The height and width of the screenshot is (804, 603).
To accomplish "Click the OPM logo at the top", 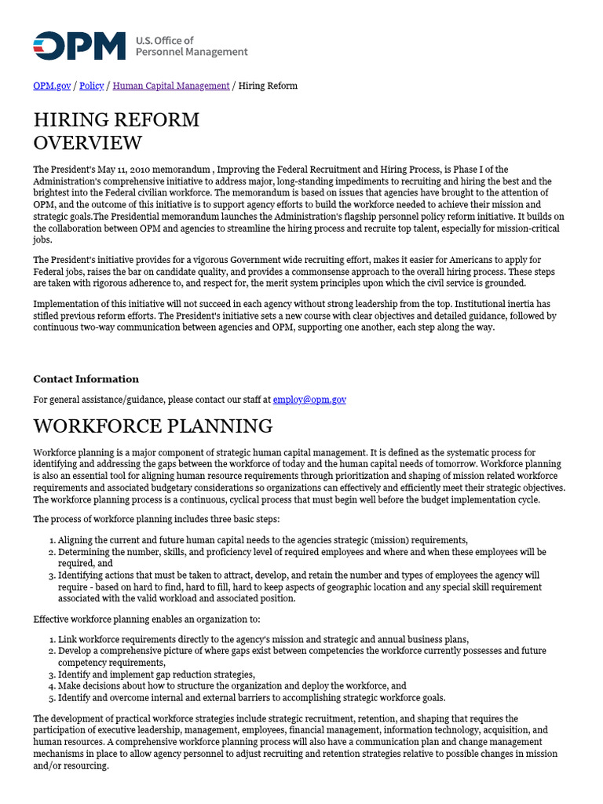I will point(79,46).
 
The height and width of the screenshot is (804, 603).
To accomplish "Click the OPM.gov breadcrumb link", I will point(52,86).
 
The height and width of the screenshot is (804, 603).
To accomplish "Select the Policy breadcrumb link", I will point(92,86).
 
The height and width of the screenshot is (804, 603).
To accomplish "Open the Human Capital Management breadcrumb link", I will point(171,86).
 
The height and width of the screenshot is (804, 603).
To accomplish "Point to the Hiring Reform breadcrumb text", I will point(268,86).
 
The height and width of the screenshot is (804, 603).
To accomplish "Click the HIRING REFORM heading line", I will point(116,120).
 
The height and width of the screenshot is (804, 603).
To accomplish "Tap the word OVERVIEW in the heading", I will point(87,143).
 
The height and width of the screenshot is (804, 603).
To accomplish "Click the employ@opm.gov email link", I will point(309,400).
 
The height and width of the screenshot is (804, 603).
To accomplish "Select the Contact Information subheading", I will point(86,379).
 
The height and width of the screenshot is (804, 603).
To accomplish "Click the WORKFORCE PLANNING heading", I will point(152,426).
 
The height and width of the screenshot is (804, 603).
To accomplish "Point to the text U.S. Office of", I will point(164,40).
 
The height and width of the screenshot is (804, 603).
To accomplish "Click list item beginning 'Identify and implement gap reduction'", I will point(156,674).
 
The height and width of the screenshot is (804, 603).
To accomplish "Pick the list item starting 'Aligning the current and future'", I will point(262,540).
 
